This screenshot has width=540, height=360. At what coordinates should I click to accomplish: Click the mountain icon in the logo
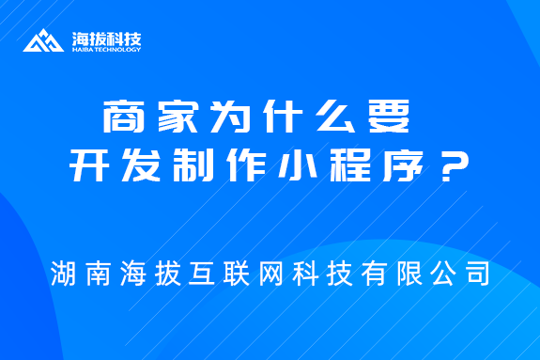pyautogui.click(x=46, y=42)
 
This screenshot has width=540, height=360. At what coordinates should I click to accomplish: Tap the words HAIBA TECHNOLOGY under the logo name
pyautogui.click(x=106, y=50)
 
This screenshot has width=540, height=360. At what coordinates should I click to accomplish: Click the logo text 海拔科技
pyautogui.click(x=106, y=39)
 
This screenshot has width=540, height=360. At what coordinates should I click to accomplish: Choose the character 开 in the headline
pyautogui.click(x=89, y=171)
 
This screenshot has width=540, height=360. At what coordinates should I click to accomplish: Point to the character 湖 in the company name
pyautogui.click(x=65, y=274)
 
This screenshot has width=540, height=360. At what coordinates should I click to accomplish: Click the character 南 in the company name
pyautogui.click(x=97, y=274)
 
